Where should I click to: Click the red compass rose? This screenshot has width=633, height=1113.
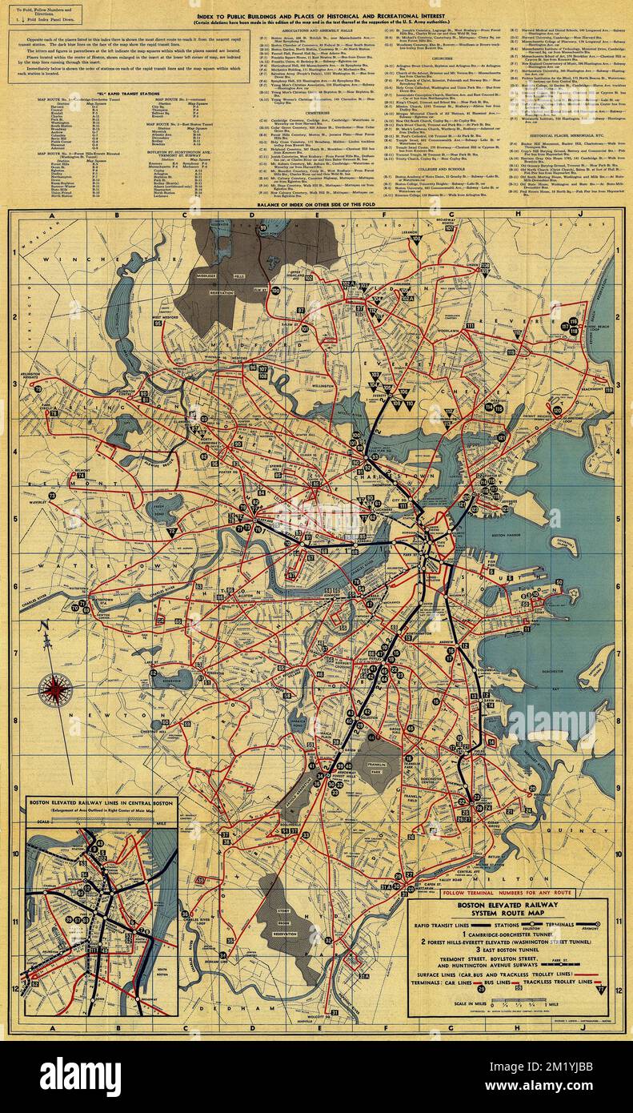(x=54, y=689)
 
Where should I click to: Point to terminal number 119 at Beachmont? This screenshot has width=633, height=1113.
(x=608, y=389)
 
